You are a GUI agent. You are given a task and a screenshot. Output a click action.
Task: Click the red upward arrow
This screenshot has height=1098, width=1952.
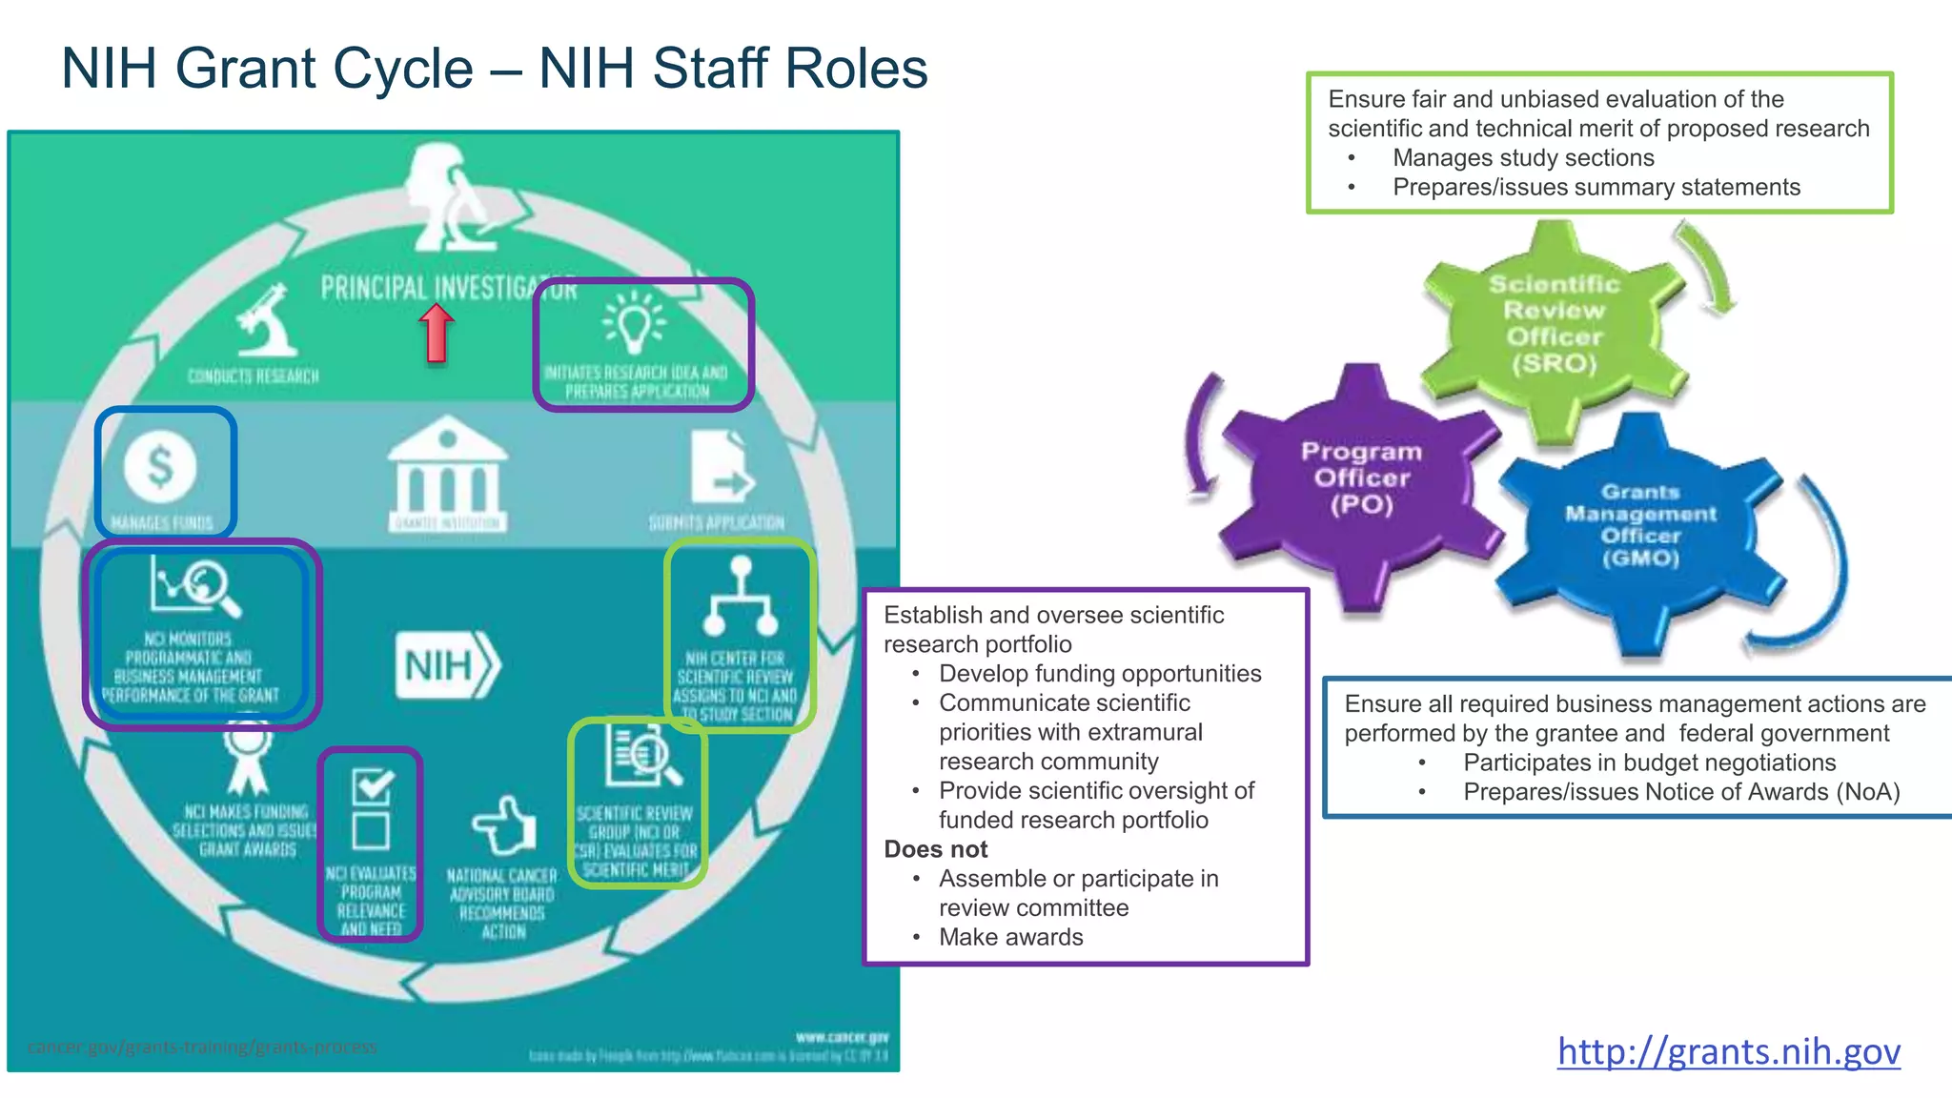(437, 333)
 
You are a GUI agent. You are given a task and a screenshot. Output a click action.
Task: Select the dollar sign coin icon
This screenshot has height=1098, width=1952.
(160, 466)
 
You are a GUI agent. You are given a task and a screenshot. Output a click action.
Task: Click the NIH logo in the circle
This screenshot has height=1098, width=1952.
(447, 664)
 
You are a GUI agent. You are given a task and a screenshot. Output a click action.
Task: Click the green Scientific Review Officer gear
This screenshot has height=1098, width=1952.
(1553, 324)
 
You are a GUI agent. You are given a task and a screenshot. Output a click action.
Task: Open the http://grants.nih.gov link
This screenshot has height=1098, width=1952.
(1728, 1050)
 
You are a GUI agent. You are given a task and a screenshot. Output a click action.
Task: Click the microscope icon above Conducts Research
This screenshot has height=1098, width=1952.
(266, 321)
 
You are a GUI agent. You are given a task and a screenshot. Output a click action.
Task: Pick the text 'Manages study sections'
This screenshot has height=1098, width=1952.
(1522, 158)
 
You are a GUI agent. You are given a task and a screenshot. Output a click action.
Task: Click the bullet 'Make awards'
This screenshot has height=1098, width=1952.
(1010, 937)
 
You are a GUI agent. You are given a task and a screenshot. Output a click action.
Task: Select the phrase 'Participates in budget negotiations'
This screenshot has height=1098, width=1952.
(1649, 762)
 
